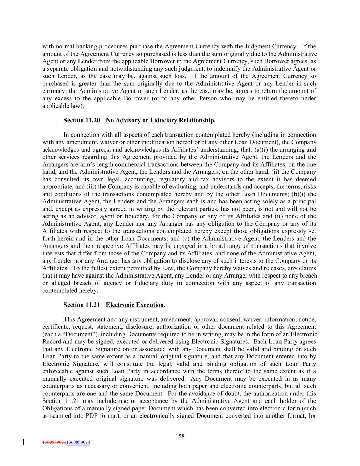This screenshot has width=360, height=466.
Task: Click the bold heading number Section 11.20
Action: point(82,120)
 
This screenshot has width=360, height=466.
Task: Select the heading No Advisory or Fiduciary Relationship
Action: point(160,120)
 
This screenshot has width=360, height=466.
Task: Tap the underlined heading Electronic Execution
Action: point(135,305)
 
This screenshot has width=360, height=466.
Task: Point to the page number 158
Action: point(180,436)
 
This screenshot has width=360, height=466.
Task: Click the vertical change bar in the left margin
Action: point(23,442)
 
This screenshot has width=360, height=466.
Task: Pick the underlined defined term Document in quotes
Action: point(79,334)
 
